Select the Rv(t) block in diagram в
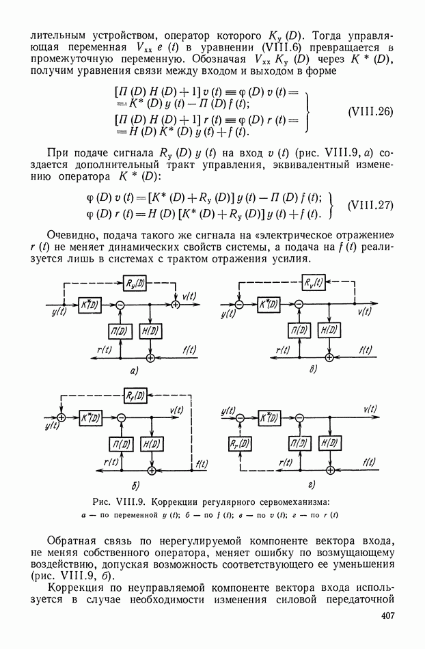[x=315, y=282]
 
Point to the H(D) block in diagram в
[x=329, y=330]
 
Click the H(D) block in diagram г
[x=329, y=443]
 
